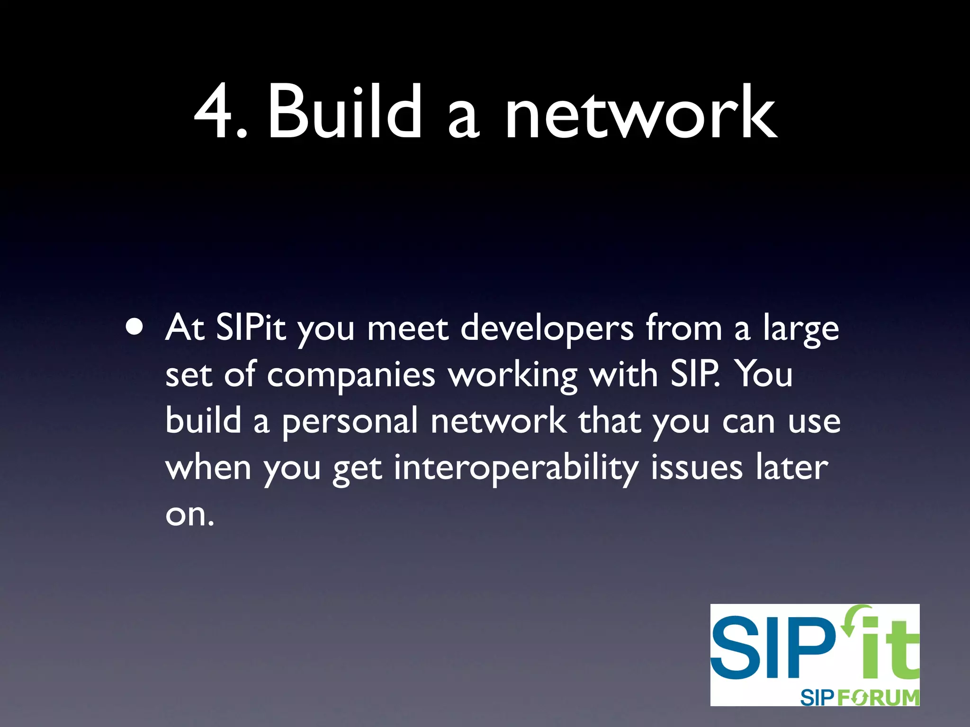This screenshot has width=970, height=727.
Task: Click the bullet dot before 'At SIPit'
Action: tap(135, 327)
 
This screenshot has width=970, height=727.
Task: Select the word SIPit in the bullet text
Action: tap(251, 327)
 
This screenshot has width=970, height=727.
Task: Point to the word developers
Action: tap(547, 329)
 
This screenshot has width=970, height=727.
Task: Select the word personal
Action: tap(350, 421)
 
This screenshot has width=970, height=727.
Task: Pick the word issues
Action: tap(697, 467)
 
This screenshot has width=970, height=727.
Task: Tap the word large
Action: tap(801, 329)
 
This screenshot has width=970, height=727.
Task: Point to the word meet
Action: tap(408, 328)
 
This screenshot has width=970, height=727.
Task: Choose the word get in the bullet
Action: tap(358, 469)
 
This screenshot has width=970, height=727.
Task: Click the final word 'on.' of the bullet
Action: tap(189, 514)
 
